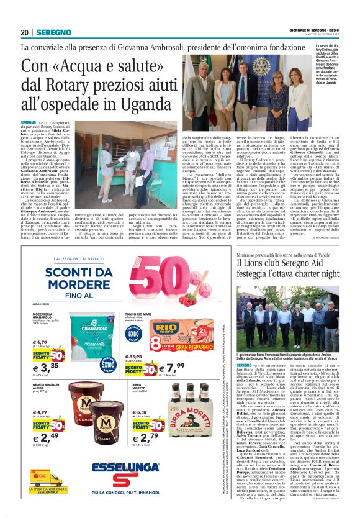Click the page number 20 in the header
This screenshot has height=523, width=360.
[25, 32]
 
